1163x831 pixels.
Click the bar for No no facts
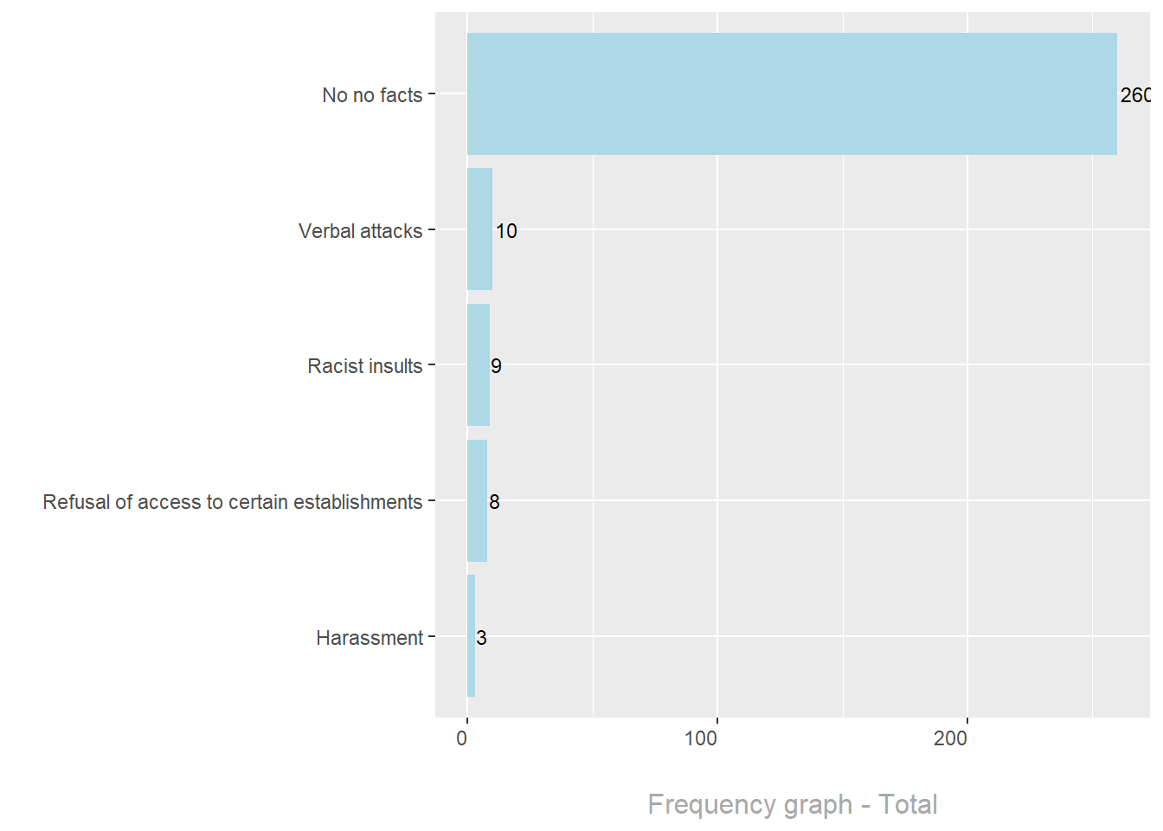click(x=792, y=94)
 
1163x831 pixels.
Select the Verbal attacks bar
click(x=479, y=229)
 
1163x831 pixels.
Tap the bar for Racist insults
click(x=479, y=364)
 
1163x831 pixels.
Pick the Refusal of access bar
click(x=477, y=500)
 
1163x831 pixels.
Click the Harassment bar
click(x=471, y=636)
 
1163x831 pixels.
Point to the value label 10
click(x=506, y=231)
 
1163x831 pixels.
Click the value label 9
click(x=496, y=366)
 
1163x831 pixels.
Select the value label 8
click(x=494, y=502)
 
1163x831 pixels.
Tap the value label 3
click(x=481, y=638)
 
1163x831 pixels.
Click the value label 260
click(x=1135, y=95)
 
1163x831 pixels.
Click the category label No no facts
click(x=372, y=95)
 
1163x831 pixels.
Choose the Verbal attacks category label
click(x=360, y=231)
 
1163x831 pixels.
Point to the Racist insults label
click(x=364, y=366)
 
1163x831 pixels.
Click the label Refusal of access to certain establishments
click(x=232, y=502)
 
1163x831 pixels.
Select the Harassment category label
click(x=369, y=638)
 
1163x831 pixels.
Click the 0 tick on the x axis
click(x=462, y=738)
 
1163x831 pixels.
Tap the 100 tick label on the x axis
click(x=701, y=738)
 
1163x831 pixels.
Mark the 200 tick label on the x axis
click(x=951, y=738)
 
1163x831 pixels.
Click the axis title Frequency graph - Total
click(x=792, y=804)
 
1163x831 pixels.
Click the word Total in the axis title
click(x=908, y=804)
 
